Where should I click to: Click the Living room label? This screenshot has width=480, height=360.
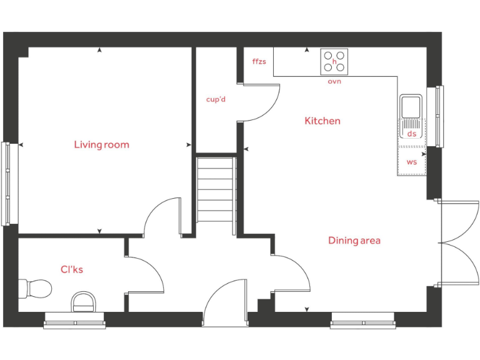coord(101,144)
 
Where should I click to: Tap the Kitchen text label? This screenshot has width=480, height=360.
coord(322,121)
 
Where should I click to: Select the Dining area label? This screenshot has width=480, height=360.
coord(354,240)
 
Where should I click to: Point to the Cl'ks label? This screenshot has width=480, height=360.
coord(72,269)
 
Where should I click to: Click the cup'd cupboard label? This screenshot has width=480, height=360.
coord(216,99)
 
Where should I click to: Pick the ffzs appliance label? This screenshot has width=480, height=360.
coord(259,62)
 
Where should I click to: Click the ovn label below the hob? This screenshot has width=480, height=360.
coord(334,81)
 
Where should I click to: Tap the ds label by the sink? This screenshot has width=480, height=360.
coord(411,134)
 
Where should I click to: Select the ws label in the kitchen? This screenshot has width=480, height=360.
coord(411,162)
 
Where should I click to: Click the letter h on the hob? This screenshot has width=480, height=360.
coord(334,62)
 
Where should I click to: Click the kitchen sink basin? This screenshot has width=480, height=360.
coord(411,107)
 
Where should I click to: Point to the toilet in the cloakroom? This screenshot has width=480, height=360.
coord(36,289)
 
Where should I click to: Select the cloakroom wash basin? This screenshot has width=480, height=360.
coord(83,302)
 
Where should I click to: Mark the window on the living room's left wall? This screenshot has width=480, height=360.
coord(6,184)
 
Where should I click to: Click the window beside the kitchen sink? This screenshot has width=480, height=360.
coord(439,116)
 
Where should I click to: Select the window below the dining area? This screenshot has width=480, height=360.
coord(362,324)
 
